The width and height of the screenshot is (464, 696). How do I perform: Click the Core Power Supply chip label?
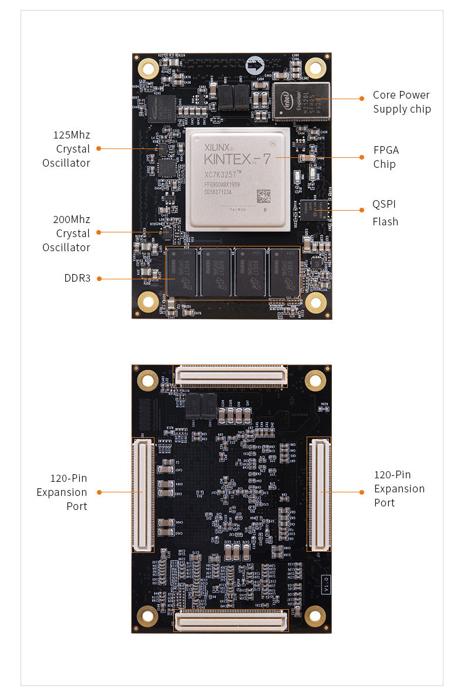click(x=401, y=102)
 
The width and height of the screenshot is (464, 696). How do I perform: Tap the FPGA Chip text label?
click(x=385, y=157)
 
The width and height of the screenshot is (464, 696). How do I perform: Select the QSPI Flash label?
click(x=385, y=213)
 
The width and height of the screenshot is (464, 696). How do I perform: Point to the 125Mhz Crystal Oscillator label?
click(x=66, y=149)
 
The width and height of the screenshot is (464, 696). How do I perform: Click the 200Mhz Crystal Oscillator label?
click(x=66, y=234)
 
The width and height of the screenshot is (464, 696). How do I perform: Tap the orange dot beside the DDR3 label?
click(x=99, y=279)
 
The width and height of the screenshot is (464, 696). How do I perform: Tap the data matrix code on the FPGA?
click(x=264, y=195)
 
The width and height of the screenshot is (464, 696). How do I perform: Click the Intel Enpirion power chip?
click(x=301, y=101)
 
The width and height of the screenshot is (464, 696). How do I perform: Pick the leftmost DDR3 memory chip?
click(x=182, y=272)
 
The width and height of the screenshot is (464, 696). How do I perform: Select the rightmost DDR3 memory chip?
click(x=285, y=272)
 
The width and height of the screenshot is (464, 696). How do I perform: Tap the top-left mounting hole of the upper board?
click(x=147, y=69)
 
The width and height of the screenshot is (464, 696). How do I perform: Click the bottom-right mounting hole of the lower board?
click(x=315, y=616)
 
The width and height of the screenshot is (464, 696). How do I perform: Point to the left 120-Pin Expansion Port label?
click(x=62, y=492)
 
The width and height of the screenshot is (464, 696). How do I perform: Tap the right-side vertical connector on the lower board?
click(x=320, y=494)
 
